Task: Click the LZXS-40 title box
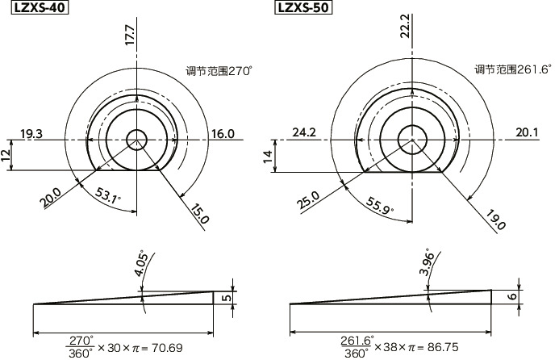[x=40, y=6]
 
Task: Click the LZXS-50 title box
[x=303, y=6]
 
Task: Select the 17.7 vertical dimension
[x=130, y=35]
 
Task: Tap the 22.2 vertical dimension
[x=406, y=26]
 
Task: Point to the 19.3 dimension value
[x=31, y=134]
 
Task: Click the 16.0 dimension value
[x=223, y=134]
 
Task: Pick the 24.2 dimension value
[x=304, y=132]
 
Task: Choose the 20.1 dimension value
[x=528, y=132]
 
